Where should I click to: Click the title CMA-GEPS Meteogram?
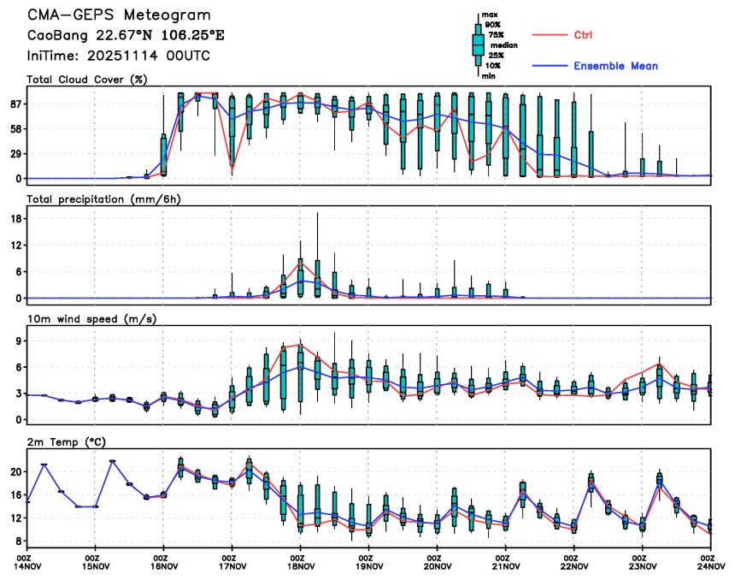[x=119, y=16]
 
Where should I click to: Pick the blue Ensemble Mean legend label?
[x=615, y=66]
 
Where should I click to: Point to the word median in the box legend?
[x=503, y=45]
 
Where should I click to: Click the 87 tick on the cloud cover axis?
[x=15, y=104]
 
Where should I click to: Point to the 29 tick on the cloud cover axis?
[x=15, y=154]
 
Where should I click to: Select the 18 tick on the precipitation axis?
[x=15, y=218]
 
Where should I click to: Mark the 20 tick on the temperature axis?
[x=15, y=471]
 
